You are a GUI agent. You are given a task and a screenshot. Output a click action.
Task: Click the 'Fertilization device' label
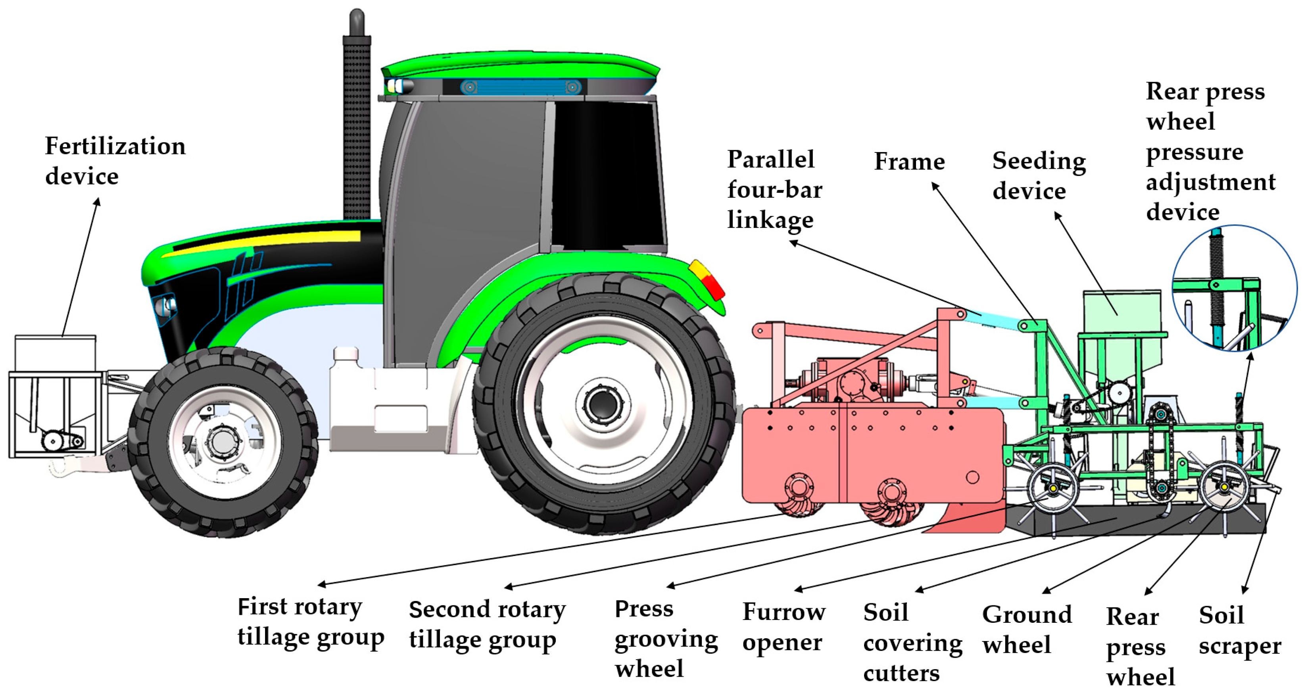click(115, 161)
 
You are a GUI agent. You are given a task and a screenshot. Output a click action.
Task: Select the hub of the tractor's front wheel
click(222, 442)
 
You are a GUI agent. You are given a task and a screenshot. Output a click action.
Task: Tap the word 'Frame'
click(909, 162)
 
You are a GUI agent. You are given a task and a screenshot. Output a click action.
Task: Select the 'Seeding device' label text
click(1038, 175)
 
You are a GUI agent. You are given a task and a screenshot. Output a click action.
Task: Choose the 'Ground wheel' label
click(1027, 629)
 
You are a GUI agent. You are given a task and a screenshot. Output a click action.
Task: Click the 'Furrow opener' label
click(784, 627)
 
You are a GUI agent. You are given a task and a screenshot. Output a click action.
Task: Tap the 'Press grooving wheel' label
click(666, 638)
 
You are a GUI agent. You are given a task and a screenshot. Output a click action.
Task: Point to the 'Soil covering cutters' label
click(912, 642)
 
